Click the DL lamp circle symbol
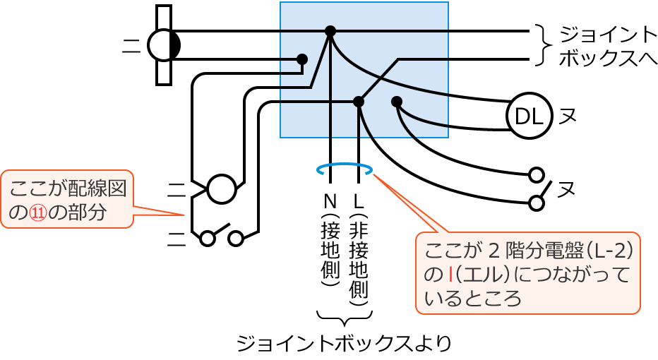point(529,115)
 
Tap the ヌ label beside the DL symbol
point(567,116)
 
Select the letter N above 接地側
point(329,199)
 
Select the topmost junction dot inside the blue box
point(330,31)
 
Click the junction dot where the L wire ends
point(359,102)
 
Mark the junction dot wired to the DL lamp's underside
point(397,102)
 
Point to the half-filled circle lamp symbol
point(164,45)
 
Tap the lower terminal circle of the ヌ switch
point(537,203)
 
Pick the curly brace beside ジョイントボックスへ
point(542,45)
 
